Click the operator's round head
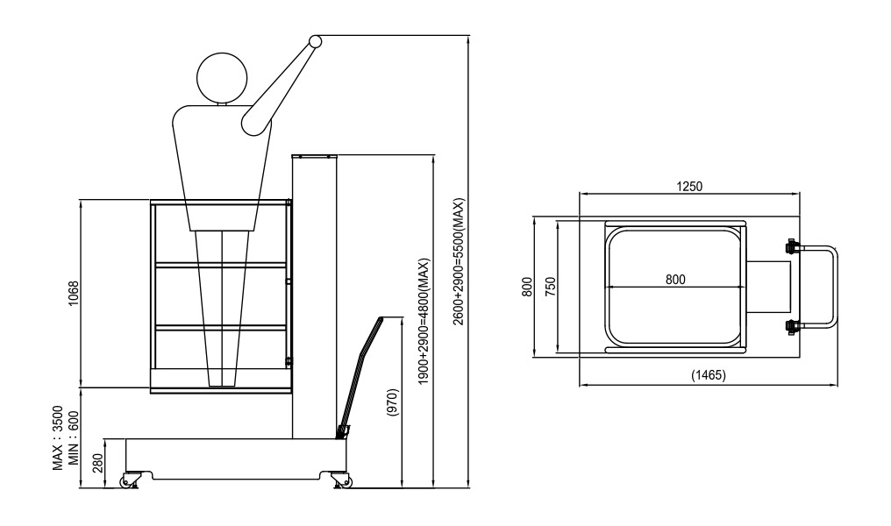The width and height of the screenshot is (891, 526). click(x=222, y=78)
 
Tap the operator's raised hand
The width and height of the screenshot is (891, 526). click(x=315, y=41)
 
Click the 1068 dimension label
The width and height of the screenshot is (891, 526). click(x=74, y=294)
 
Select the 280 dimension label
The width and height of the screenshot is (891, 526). click(x=97, y=463)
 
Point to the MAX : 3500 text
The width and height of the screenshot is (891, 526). click(x=58, y=438)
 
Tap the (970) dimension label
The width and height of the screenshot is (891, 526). click(x=393, y=402)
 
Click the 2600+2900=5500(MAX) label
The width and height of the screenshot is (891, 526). click(x=459, y=261)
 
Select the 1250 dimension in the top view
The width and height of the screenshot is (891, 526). click(x=689, y=187)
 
